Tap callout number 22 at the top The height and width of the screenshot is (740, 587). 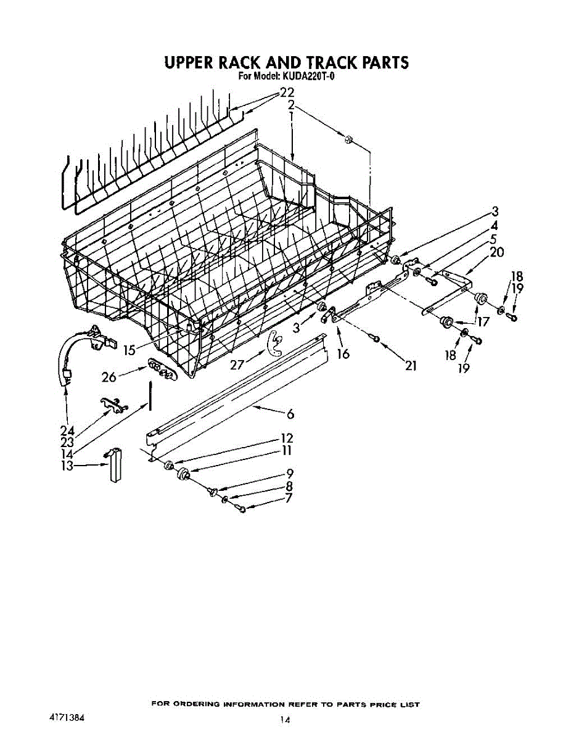[287, 93]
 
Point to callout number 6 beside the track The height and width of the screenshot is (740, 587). [289, 414]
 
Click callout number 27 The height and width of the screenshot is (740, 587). [237, 364]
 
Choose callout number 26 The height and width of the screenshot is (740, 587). [109, 376]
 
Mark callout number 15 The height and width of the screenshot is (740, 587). [129, 350]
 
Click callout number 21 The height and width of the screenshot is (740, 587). [411, 366]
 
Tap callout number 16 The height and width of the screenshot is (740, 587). [343, 353]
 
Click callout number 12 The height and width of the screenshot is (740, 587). [287, 438]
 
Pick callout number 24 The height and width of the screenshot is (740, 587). [68, 430]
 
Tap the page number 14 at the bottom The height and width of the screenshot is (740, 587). [284, 720]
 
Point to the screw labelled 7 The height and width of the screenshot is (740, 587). [241, 509]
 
